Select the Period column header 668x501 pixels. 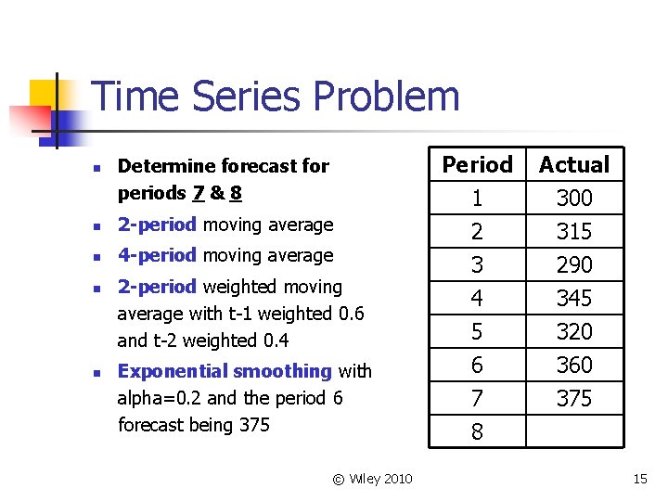[477, 165]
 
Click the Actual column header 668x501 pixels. [574, 165]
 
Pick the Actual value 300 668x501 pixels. [574, 199]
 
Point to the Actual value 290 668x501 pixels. [574, 265]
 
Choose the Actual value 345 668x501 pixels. [574, 299]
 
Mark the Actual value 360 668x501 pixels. [574, 366]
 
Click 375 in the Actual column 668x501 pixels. [574, 399]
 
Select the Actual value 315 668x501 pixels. [574, 232]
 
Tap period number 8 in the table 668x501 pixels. [477, 432]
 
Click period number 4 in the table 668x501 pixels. [477, 299]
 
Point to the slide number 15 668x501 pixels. [639, 479]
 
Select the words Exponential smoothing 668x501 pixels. [225, 371]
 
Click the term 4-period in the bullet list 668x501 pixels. [157, 255]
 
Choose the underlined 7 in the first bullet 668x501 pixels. [198, 193]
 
